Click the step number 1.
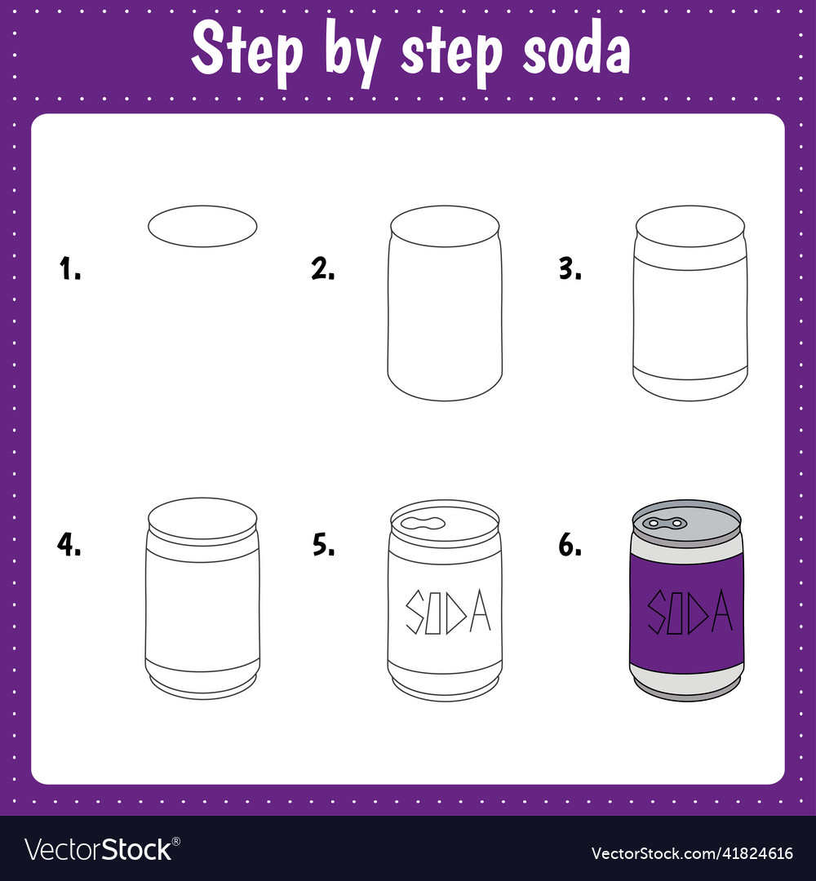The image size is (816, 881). (x=70, y=268)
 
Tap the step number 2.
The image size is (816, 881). (x=323, y=268)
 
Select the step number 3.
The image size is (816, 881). (x=570, y=268)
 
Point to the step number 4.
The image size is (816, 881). (x=69, y=544)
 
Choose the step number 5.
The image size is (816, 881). (x=323, y=544)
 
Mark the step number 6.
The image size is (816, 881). (x=570, y=544)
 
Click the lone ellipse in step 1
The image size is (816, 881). (x=202, y=225)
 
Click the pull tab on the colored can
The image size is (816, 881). (x=663, y=522)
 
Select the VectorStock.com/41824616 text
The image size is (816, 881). (x=692, y=853)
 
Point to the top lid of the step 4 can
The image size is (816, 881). (x=202, y=518)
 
